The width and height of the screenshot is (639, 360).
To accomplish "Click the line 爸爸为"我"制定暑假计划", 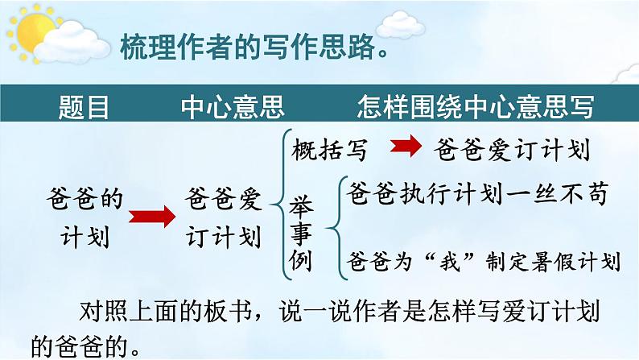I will (484, 261).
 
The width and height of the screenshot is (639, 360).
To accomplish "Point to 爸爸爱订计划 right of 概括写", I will (512, 149).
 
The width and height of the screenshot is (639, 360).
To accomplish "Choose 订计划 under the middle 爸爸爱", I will (223, 237).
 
